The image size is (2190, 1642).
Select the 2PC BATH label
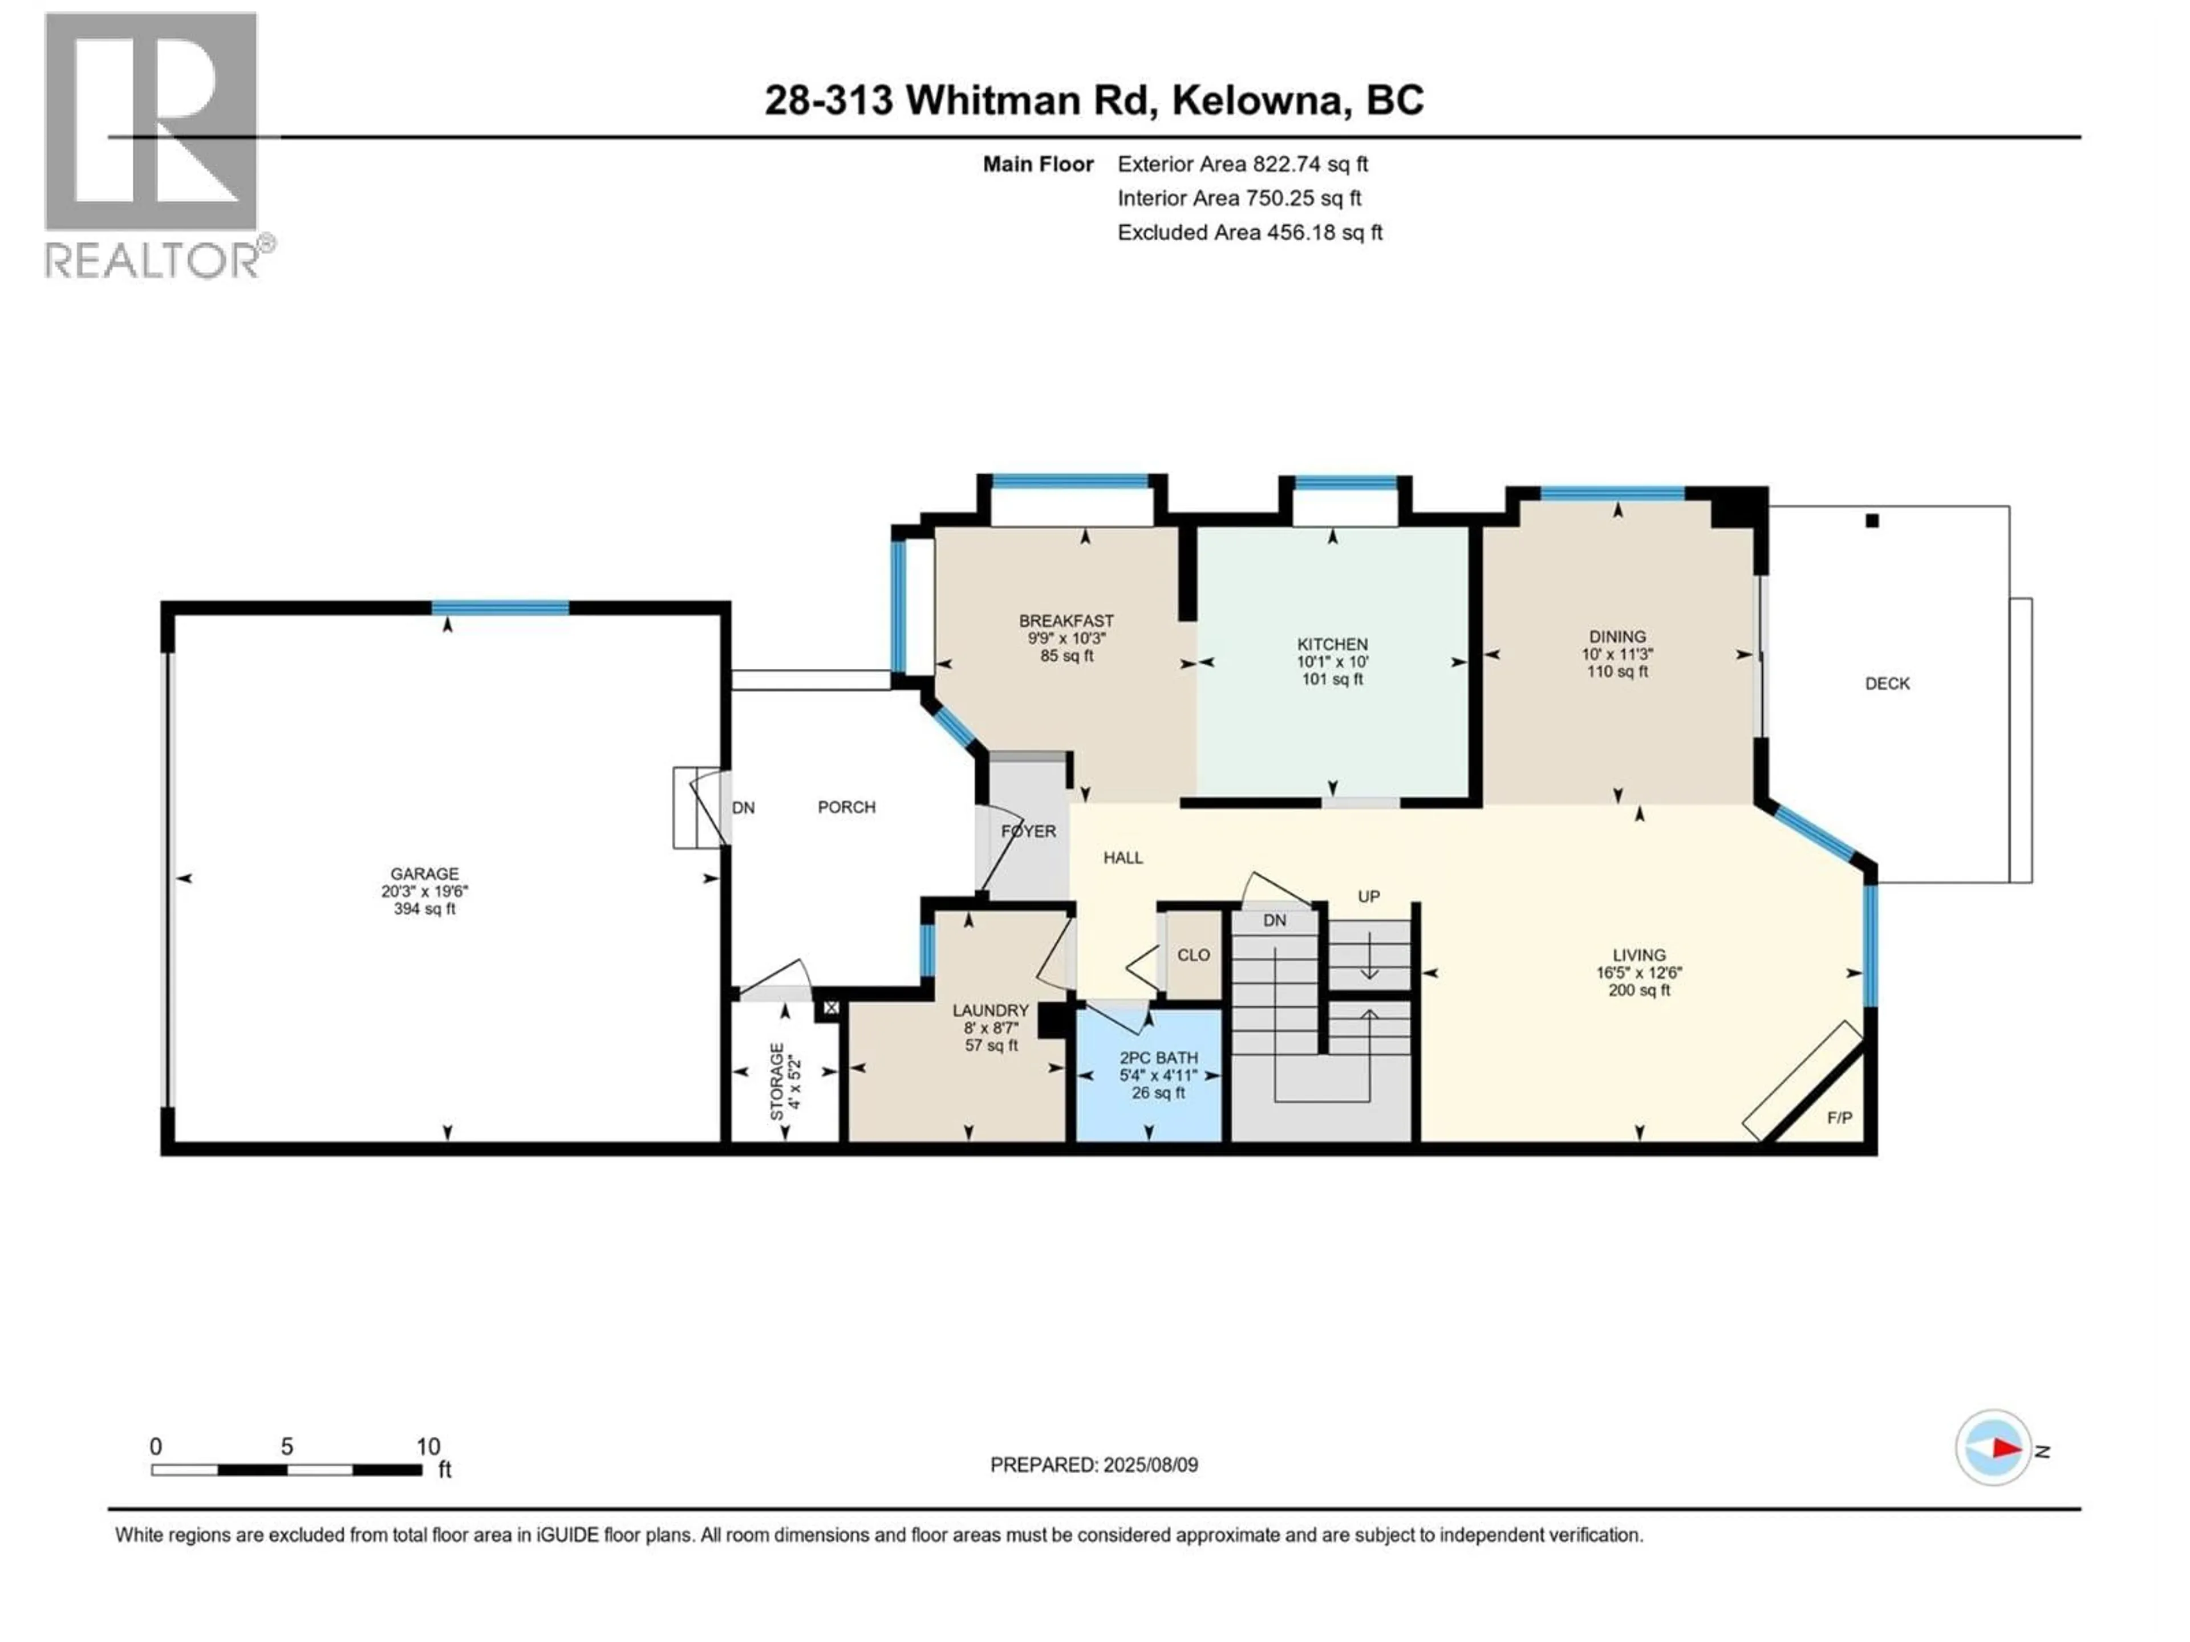pyautogui.click(x=1158, y=1058)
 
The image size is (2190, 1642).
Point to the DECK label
pyautogui.click(x=1887, y=684)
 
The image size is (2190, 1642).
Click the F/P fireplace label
pyautogui.click(x=1839, y=1119)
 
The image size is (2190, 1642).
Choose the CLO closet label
pyautogui.click(x=1193, y=955)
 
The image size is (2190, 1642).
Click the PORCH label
pyautogui.click(x=846, y=808)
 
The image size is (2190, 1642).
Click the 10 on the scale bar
pyautogui.click(x=428, y=1447)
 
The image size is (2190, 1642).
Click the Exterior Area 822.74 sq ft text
pyautogui.click(x=1243, y=164)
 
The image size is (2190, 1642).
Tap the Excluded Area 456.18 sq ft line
pyautogui.click(x=1250, y=233)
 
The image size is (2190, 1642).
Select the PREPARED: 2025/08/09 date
pyautogui.click(x=1094, y=1465)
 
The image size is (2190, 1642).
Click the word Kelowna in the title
pyautogui.click(x=1260, y=101)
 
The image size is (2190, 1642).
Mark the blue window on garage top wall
pyautogui.click(x=500, y=608)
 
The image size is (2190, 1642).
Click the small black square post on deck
pyautogui.click(x=1871, y=521)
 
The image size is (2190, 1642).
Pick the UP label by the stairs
pyautogui.click(x=1368, y=897)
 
